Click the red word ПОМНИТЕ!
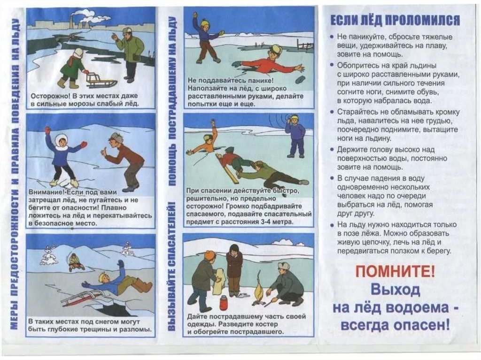coord(395,271)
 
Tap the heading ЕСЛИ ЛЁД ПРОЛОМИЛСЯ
coord(395,21)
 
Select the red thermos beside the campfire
coord(223,303)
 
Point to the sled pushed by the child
coord(100,79)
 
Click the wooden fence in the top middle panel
coord(305,45)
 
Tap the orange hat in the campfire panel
coord(211,255)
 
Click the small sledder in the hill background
coord(75,262)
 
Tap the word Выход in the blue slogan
coord(395,289)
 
